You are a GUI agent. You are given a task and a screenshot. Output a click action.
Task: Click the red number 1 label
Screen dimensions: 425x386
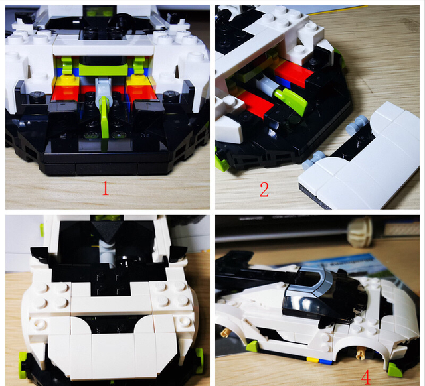click(105, 188)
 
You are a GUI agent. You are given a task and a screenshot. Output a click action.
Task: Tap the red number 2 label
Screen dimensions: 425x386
click(264, 190)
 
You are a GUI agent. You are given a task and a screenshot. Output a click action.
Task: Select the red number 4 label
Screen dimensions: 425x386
click(366, 377)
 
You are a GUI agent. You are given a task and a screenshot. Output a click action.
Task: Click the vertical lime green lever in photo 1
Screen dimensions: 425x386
click(104, 123)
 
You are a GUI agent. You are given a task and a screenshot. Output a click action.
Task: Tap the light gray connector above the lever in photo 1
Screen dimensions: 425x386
click(103, 88)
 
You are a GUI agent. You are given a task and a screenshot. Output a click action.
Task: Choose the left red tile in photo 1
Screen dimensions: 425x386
click(66, 92)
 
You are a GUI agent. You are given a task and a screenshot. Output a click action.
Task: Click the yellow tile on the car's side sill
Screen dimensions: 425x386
click(312, 359)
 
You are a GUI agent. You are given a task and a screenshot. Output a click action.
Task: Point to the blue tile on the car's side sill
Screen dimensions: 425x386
click(325, 361)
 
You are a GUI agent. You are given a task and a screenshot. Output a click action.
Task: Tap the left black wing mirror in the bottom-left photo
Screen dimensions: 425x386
click(41, 254)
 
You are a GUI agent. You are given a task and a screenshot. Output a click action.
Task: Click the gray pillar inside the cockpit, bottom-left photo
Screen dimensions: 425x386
click(108, 252)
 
